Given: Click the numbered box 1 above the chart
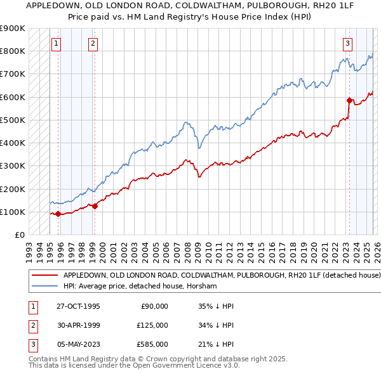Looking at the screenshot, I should point(57,44).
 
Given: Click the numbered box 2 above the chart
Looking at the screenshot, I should point(93,44).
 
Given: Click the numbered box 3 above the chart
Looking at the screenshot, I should point(348,44).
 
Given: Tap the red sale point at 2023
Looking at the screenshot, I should point(349,100).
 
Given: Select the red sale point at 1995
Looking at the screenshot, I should point(58,214).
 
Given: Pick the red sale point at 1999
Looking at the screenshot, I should point(95,206).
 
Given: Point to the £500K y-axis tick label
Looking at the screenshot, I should point(12,120).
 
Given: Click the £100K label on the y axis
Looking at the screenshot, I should point(12,212).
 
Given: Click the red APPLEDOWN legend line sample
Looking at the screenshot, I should point(44,276).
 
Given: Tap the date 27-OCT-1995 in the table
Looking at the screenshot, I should point(79,306).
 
